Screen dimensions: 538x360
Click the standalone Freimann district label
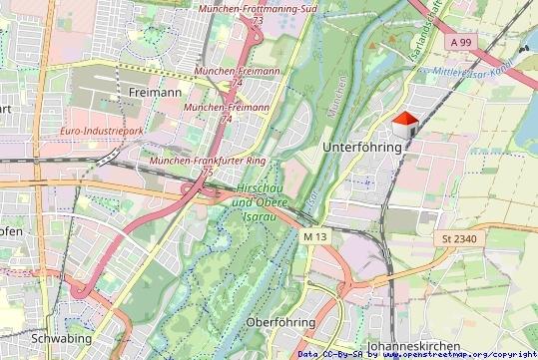(x=155, y=92)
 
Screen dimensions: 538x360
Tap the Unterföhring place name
(x=364, y=147)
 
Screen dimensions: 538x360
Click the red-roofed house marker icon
(x=404, y=126)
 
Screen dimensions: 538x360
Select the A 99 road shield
(x=460, y=43)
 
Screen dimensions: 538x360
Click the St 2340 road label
(x=460, y=239)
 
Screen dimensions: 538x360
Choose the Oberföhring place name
(x=280, y=322)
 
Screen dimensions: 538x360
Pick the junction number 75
(x=207, y=173)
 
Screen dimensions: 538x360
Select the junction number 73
(x=258, y=20)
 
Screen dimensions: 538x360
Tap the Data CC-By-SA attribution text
(x=330, y=353)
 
